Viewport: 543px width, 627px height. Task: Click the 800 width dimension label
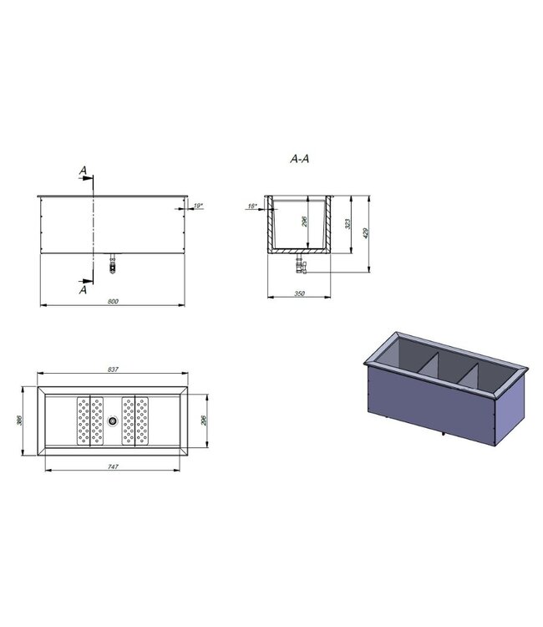coord(112,300)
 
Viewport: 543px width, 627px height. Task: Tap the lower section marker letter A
coord(83,290)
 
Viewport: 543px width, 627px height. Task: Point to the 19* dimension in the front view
coord(197,205)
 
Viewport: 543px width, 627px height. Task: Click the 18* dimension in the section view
coord(251,206)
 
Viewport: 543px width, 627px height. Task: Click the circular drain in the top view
coord(112,421)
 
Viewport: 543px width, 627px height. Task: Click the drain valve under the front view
coord(112,265)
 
